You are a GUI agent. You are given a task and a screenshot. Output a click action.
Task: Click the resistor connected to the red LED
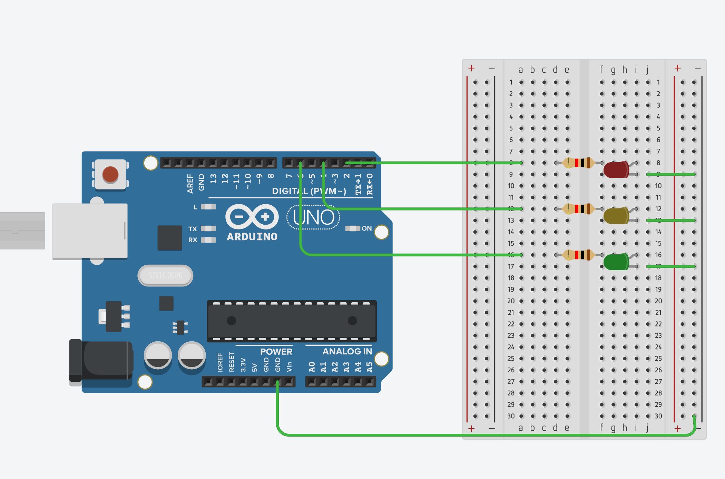(579, 163)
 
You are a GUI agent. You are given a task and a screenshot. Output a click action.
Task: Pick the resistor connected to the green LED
(579, 255)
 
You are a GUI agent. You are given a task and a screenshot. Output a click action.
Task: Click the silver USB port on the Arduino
(90, 231)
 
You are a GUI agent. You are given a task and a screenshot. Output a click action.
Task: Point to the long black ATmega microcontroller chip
(292, 321)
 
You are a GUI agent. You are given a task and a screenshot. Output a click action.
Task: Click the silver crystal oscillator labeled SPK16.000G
(165, 275)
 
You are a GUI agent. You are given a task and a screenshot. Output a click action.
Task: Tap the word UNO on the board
(313, 217)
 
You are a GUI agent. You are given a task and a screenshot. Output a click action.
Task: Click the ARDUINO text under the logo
(252, 237)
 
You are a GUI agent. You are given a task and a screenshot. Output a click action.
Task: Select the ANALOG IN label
(347, 352)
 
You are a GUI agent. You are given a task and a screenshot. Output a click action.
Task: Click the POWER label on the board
(276, 352)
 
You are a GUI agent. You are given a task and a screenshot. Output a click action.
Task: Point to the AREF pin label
(190, 183)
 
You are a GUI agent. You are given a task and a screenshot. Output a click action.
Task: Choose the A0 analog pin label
(312, 367)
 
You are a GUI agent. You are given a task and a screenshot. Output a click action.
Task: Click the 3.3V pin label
(243, 365)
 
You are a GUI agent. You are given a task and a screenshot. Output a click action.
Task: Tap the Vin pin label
(289, 366)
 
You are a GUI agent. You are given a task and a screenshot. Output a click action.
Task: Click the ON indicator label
(366, 228)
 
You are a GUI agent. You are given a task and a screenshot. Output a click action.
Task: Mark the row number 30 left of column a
(511, 416)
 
